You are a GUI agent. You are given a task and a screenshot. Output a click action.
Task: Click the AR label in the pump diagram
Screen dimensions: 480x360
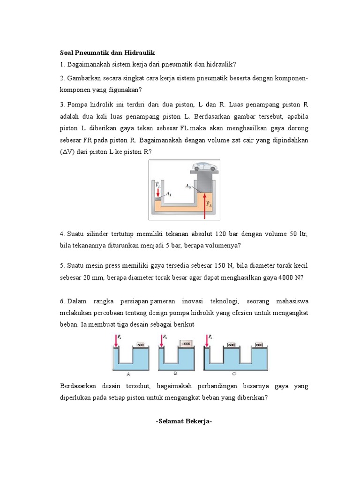click(188, 186)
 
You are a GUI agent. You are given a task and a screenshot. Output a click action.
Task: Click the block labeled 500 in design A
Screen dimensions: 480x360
click(140, 345)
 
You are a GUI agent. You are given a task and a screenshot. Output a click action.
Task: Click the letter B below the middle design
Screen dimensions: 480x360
click(175, 374)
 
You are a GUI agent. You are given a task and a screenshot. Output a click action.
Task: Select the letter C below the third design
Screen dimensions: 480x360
click(234, 374)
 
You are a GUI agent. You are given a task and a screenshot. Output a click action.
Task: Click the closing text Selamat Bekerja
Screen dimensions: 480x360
click(184, 421)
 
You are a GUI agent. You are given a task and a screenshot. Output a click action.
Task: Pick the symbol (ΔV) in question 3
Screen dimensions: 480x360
click(67, 152)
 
